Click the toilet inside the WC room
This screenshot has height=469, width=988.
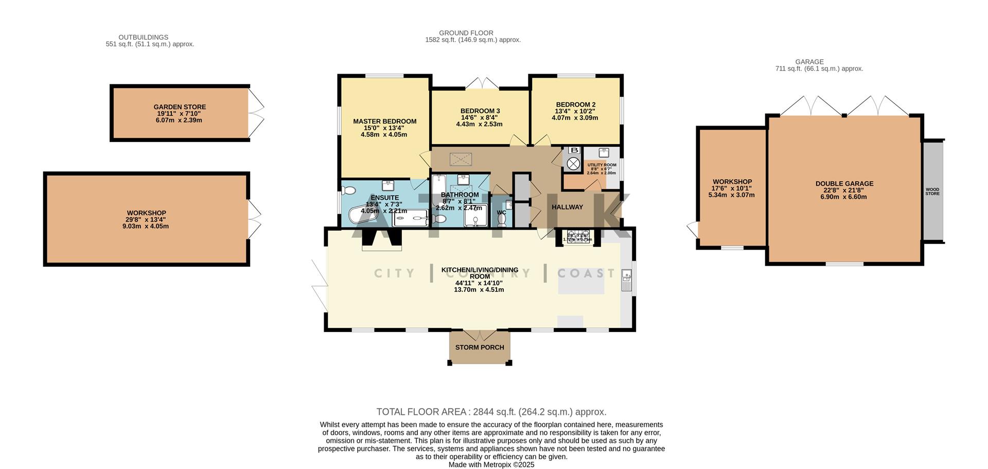tap(502, 220)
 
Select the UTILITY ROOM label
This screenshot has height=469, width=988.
tap(602, 165)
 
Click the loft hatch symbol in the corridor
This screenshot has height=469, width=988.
tap(461, 159)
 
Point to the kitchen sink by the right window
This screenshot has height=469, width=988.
tap(627, 280)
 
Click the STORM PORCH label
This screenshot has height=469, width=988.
tap(480, 348)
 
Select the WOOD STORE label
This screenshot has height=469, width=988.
tap(932, 192)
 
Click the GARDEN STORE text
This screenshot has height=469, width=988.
tap(180, 107)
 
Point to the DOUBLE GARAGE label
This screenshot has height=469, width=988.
tap(844, 184)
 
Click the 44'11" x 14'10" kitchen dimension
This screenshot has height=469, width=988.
tap(479, 283)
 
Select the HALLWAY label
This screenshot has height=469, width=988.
tap(567, 207)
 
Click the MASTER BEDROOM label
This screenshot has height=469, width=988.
tap(384, 121)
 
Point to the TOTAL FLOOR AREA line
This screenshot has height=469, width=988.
tap(491, 412)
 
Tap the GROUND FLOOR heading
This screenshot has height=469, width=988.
tap(466, 33)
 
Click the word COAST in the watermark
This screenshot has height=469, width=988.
tap(586, 273)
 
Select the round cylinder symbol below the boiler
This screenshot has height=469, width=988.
tap(573, 164)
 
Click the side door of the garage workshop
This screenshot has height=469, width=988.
tap(692, 229)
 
